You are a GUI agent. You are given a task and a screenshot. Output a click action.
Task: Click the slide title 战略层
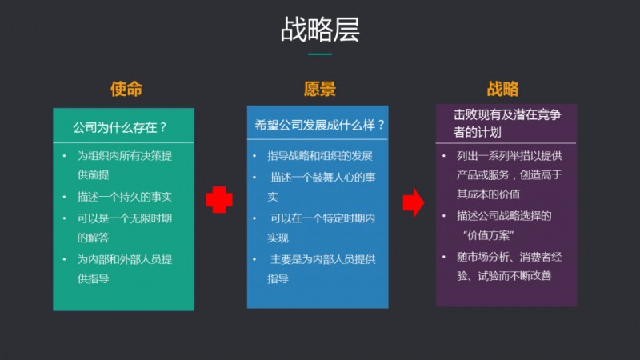320,30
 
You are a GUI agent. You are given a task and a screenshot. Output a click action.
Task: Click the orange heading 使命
126,89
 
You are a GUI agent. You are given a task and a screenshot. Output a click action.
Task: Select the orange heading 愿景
319,89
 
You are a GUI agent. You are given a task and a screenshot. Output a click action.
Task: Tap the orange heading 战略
502,89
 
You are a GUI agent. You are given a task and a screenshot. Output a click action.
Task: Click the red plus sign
219,199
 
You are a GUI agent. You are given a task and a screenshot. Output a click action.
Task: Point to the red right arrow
414,202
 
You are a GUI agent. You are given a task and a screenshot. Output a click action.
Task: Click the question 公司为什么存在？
120,127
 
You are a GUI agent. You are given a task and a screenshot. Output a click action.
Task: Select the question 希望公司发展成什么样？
319,125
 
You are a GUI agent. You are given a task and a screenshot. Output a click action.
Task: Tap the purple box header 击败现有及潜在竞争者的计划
507,123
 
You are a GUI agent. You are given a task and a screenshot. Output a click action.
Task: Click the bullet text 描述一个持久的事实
125,197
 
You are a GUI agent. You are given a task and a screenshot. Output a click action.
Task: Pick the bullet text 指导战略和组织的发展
319,155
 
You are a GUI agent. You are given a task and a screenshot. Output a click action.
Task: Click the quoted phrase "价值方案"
488,235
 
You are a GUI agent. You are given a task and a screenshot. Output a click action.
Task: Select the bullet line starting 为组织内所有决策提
125,155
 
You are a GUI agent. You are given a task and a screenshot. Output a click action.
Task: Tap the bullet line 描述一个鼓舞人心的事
323,177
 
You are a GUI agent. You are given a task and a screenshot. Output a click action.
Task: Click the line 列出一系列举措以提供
510,155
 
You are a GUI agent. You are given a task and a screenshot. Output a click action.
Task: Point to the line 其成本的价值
488,194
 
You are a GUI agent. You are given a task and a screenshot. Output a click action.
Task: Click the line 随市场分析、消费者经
510,257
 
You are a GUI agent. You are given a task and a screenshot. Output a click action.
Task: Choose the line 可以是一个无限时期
125,218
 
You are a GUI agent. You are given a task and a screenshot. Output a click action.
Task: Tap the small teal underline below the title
319,54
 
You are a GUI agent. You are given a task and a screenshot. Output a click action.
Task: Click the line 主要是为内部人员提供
323,259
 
